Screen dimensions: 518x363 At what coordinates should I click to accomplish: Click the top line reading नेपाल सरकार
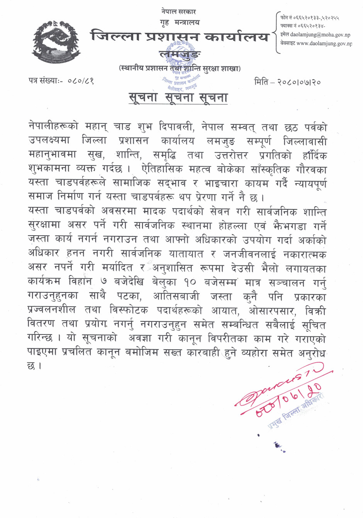point(178,12)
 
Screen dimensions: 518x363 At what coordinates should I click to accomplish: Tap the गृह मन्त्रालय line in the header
point(180,22)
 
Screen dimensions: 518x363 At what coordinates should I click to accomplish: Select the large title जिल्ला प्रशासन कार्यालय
point(180,37)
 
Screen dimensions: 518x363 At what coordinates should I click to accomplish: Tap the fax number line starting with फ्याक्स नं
point(303,26)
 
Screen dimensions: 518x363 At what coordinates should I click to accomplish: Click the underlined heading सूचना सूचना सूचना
point(178,97)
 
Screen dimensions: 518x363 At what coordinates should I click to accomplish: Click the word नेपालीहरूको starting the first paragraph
point(53,126)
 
